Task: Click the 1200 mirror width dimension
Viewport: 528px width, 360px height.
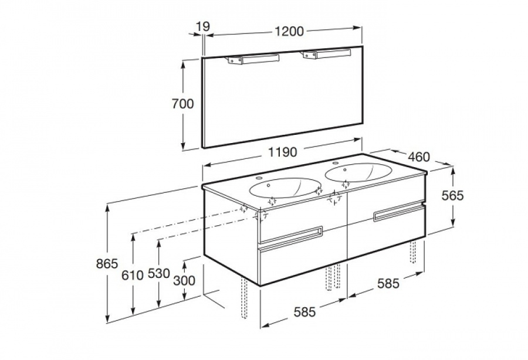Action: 289,31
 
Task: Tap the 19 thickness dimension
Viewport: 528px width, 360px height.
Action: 203,26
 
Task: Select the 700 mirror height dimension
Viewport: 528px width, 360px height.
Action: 183,104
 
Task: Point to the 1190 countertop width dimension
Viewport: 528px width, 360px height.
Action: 283,152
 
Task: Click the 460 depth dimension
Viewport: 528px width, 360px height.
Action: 419,157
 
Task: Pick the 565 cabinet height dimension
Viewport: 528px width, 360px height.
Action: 452,195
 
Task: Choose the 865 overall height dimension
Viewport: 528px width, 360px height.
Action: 107,264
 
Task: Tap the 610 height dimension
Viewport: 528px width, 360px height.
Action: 133,276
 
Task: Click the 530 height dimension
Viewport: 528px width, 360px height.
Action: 158,274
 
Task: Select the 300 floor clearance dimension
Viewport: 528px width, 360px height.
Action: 184,280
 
